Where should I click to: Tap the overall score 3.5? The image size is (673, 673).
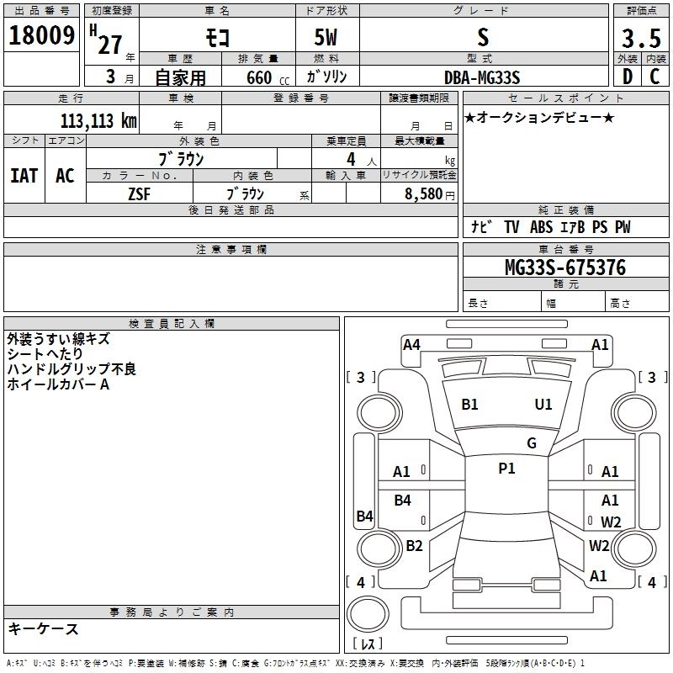640,38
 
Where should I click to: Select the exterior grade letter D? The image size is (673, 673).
627,76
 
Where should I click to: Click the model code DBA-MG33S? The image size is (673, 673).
482,77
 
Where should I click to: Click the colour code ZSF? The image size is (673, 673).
140,193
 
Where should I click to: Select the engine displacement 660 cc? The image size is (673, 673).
253,77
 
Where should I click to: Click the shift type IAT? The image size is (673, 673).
24,175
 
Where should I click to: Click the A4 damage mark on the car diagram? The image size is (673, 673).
411,344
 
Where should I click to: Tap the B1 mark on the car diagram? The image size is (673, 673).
469,405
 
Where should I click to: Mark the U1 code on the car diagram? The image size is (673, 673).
543,405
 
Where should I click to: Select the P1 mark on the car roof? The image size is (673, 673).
506,469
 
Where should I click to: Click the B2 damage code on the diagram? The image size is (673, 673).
414,545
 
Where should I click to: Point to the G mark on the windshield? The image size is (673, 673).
532,442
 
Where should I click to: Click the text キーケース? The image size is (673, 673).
44,629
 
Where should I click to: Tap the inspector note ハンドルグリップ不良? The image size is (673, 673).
72,369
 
